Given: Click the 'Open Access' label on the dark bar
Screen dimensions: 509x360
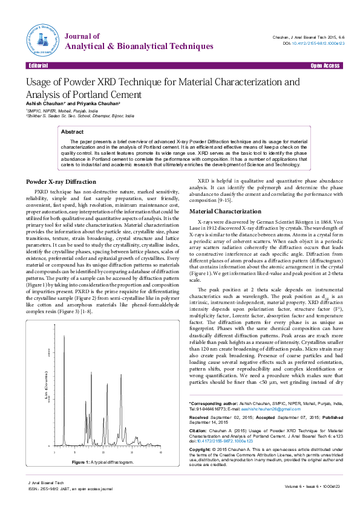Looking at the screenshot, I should click(325, 65).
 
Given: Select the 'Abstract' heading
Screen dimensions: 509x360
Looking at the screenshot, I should click(73, 131).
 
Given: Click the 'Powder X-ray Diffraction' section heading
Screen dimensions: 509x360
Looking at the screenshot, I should click(61, 182).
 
